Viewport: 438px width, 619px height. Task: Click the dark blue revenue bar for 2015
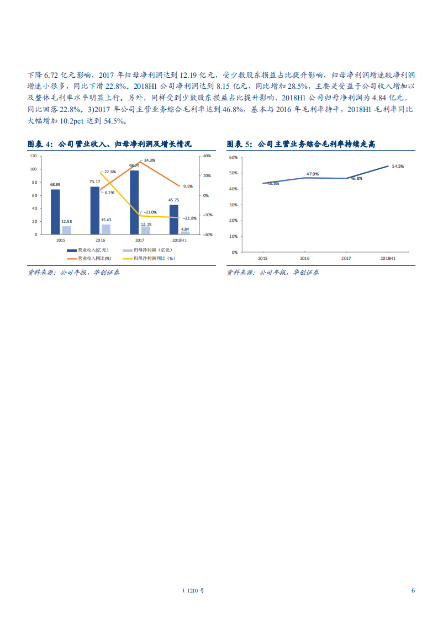(x=55, y=212)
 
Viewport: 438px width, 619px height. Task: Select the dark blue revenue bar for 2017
(x=134, y=202)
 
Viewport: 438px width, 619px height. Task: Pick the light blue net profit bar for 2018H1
(x=185, y=233)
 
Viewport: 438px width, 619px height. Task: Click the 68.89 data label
(x=55, y=184)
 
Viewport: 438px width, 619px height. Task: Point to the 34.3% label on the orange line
(x=149, y=160)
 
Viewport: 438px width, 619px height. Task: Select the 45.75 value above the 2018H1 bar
(x=174, y=200)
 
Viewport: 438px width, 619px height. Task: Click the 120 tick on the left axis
(x=33, y=156)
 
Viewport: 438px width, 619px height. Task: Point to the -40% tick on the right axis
(x=207, y=234)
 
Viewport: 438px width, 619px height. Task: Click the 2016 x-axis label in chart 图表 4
(x=100, y=241)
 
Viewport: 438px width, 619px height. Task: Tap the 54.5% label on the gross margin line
(x=398, y=166)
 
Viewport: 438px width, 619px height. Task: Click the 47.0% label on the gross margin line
(x=312, y=174)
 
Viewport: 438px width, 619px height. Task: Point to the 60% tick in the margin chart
(x=233, y=157)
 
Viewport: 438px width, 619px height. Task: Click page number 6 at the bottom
(x=413, y=590)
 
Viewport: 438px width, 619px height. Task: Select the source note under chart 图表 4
(x=73, y=273)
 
